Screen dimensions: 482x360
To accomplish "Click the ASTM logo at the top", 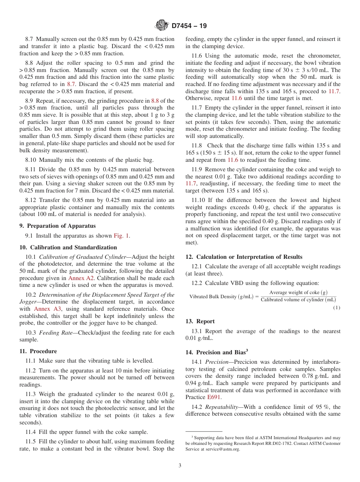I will coord(162,26).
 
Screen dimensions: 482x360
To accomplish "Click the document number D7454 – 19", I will coord(189,26).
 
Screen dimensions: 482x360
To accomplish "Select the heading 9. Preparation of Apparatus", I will coord(57,226).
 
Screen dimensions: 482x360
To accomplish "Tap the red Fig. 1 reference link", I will coord(121,236).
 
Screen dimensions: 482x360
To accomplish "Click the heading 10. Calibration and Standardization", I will coord(68,247).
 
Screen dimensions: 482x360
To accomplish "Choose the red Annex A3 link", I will coord(50,309).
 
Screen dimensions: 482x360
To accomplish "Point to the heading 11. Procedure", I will coord(38,351).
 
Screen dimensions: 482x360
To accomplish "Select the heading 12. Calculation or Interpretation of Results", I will coord(244,257).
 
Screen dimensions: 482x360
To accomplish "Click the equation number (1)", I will coord(337,307).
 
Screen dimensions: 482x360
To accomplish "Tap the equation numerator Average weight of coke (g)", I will coord(298,293).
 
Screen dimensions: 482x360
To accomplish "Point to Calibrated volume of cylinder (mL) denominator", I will coord(298,300).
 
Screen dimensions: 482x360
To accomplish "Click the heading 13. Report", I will coord(200,321).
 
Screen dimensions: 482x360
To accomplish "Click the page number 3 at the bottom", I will coord(180,465).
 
